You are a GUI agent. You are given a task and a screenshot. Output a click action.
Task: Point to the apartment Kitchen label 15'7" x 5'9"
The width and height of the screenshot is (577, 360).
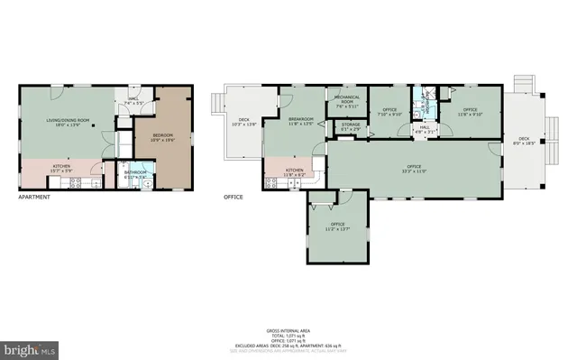pos(61,168)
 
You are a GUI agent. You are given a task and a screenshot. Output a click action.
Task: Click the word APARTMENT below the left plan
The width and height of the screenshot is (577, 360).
pos(34,196)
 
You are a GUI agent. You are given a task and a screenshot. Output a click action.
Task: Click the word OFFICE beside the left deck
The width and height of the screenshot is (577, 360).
pos(233,196)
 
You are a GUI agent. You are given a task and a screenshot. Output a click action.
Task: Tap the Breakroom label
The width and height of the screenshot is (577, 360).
pos(301,121)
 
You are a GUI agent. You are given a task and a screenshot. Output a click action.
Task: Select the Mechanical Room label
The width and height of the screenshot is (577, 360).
pos(347,100)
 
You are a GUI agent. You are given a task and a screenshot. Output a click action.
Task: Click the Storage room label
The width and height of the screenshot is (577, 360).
pos(351,126)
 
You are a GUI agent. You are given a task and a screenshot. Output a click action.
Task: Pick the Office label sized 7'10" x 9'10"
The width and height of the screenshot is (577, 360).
pos(389,112)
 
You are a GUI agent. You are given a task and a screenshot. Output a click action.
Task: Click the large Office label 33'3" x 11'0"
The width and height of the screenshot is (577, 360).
pos(414,168)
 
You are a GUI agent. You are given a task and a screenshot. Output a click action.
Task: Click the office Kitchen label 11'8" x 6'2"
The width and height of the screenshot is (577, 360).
pos(295,172)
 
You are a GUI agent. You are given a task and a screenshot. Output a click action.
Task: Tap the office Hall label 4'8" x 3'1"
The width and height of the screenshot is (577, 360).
pos(424,129)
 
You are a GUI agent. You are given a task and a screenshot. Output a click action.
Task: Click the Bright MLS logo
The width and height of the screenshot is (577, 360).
pos(29,347)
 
